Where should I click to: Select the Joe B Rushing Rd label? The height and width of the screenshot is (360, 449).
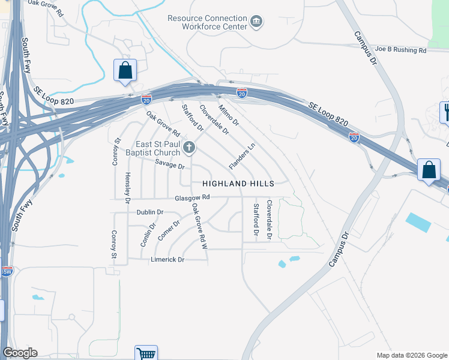400,50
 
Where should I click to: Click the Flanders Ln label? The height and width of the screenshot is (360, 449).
243,155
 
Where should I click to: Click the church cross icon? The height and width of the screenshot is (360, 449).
189,147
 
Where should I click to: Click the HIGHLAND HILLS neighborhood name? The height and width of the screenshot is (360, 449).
238,183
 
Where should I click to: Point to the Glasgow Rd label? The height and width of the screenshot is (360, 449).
192,197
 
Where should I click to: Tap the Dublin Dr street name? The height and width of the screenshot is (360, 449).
150,212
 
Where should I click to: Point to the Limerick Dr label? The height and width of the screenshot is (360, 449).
167,259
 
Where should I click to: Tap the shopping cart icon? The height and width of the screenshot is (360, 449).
146,353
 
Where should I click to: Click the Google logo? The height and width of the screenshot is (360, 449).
20,352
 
